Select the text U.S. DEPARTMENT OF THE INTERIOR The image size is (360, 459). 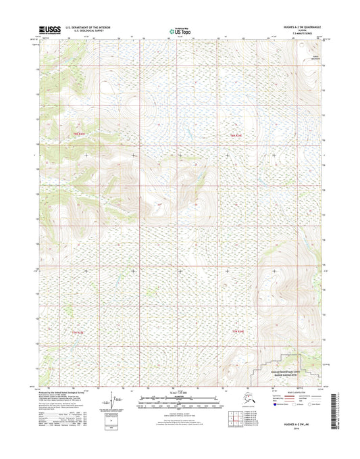tap(93, 27)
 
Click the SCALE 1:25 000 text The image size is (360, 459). tap(178, 394)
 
